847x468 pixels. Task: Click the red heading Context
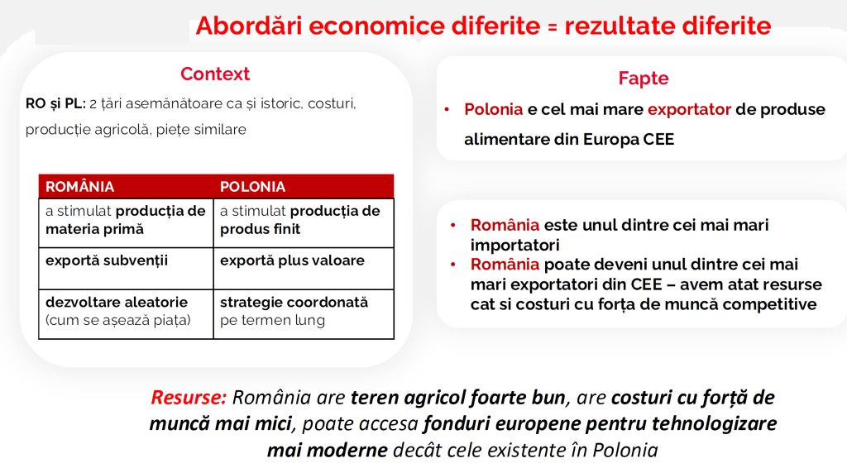click(x=215, y=74)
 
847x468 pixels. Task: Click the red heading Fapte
click(x=644, y=79)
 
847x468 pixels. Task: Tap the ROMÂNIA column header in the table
click(x=79, y=187)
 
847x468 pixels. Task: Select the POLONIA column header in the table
click(x=252, y=187)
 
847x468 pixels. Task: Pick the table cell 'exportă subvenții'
click(x=127, y=269)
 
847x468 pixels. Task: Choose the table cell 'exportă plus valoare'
click(x=304, y=269)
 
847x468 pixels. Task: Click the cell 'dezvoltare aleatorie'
click(x=127, y=314)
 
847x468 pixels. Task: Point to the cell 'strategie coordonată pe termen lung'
click(x=304, y=314)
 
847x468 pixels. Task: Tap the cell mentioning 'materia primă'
click(x=127, y=223)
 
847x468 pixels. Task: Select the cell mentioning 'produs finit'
click(x=304, y=223)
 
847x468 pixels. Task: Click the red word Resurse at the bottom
click(x=189, y=397)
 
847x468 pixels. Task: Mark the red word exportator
click(x=689, y=110)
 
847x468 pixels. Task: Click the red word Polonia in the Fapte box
click(x=494, y=110)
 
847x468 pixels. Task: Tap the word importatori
click(x=514, y=245)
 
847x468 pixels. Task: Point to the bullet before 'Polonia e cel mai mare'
click(x=447, y=110)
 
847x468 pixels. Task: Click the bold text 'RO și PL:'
click(x=55, y=103)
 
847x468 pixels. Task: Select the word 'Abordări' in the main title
click(x=249, y=26)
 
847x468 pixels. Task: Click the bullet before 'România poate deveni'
click(x=453, y=265)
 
